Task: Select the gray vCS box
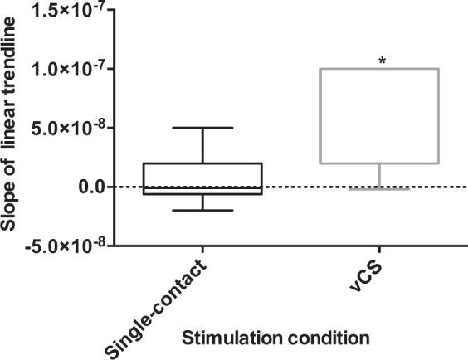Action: pos(380,116)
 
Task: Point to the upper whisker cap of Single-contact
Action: pos(203,128)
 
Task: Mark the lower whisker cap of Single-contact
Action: pos(203,210)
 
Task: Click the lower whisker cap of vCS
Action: pos(380,189)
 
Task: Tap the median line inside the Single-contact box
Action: pos(203,187)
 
